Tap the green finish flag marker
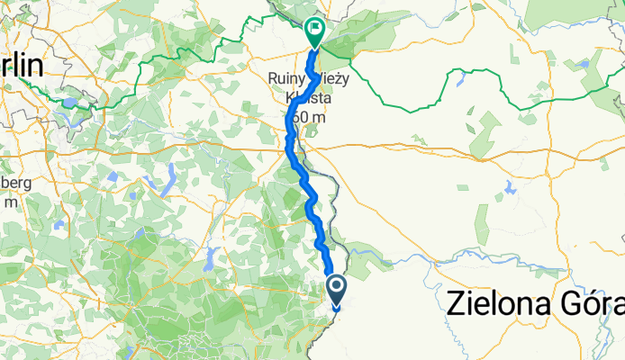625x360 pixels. click(x=314, y=31)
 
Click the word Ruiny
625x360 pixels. click(x=288, y=79)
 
